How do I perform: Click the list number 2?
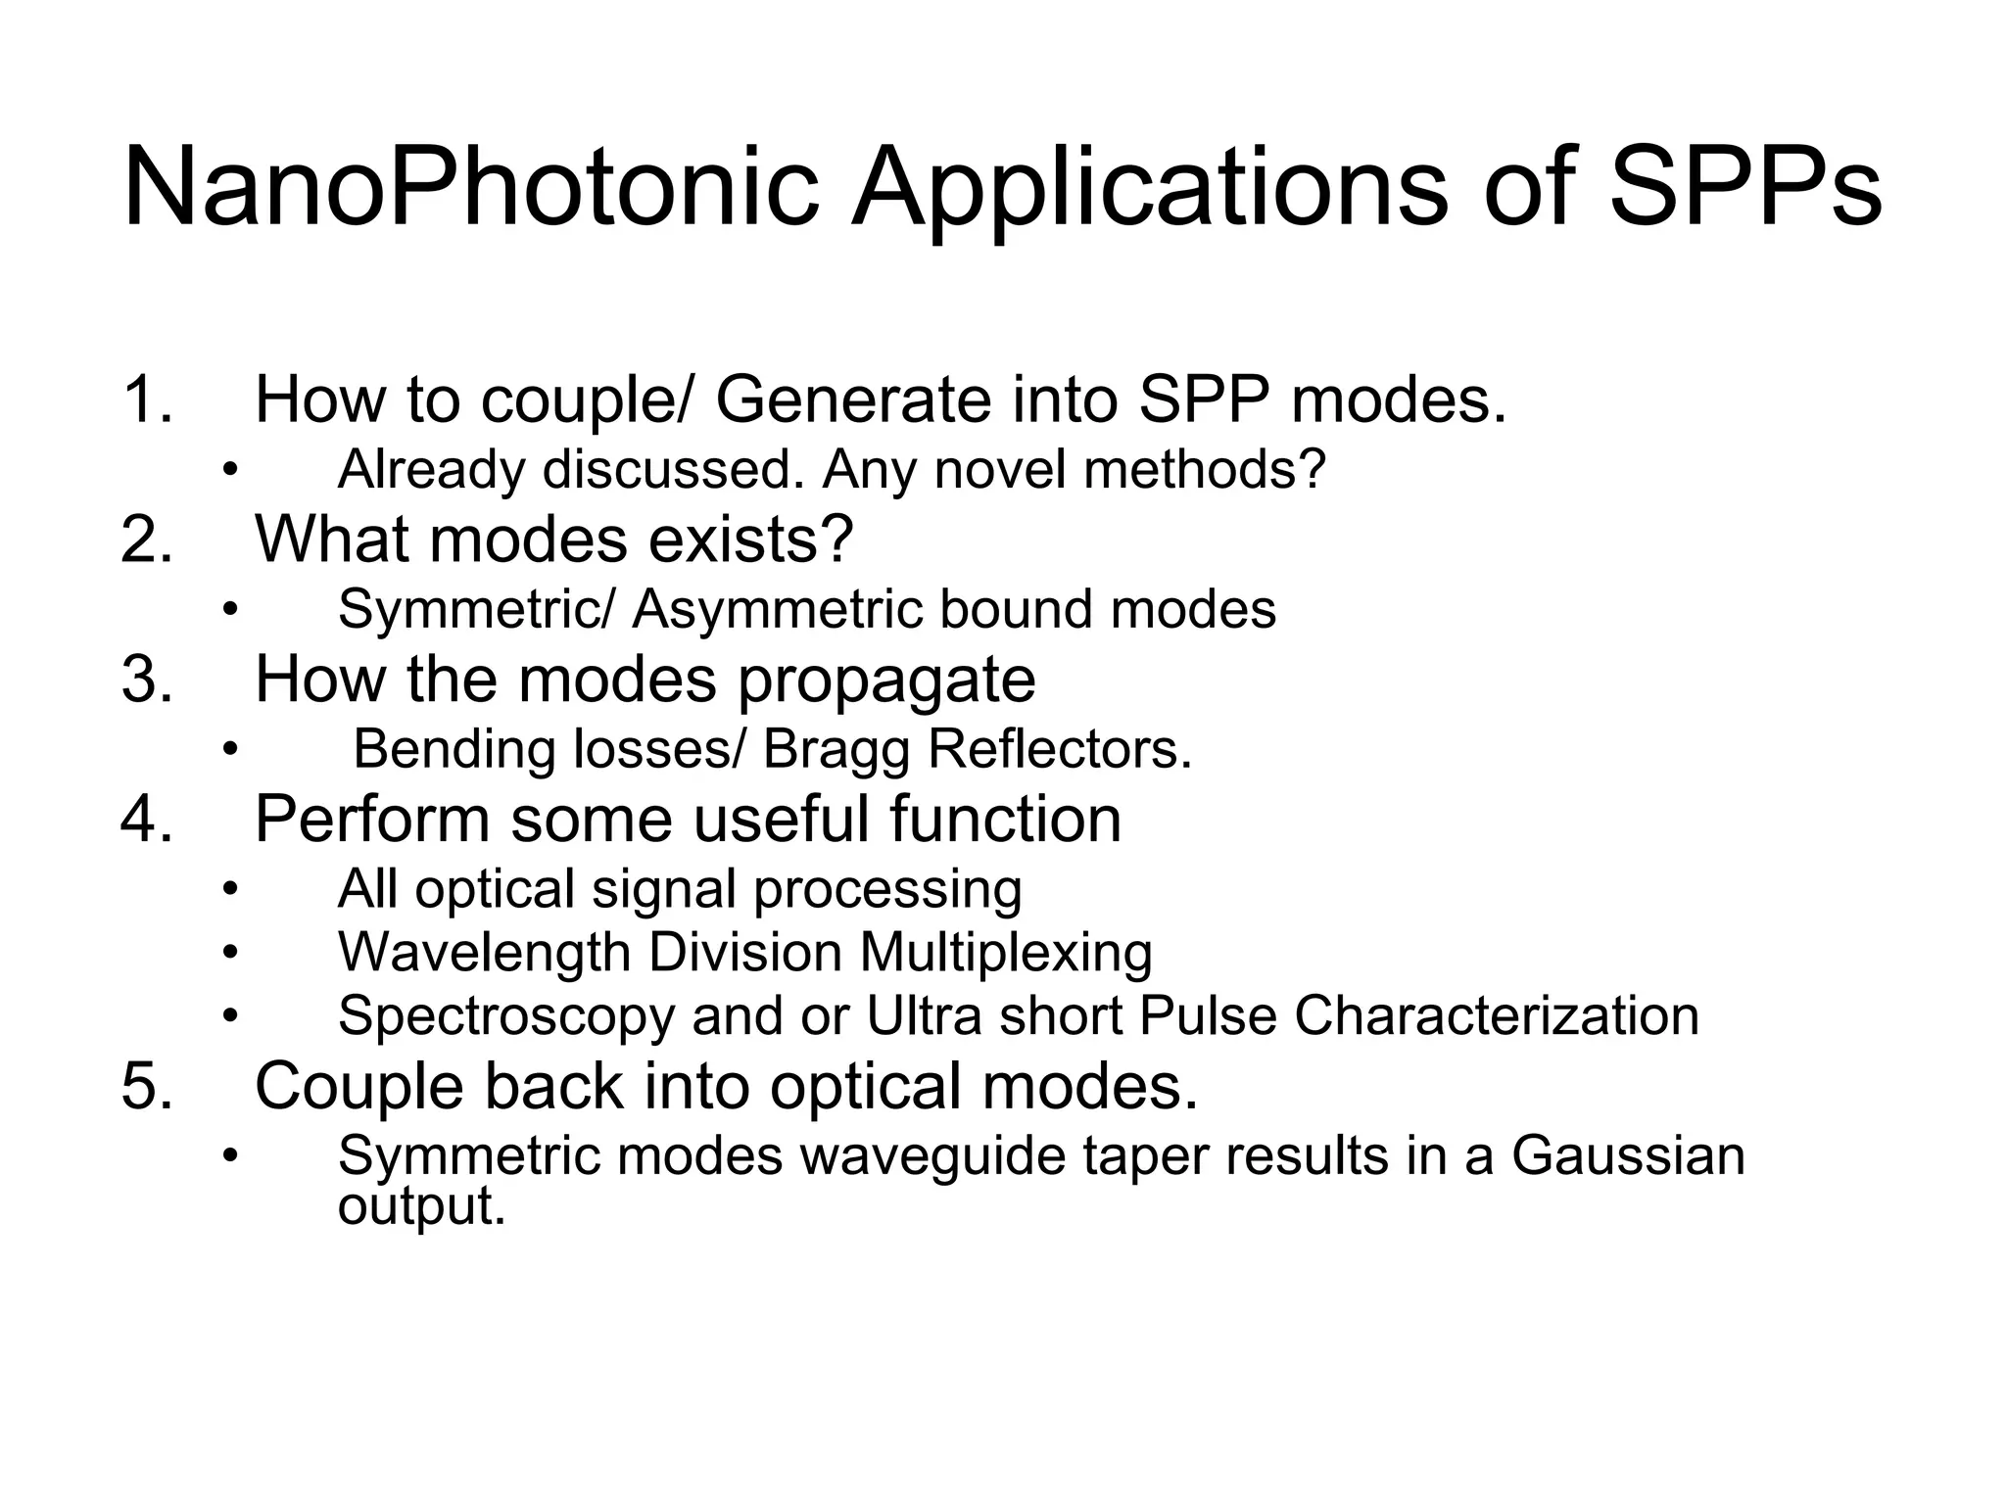[x=147, y=539]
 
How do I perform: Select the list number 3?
[x=147, y=679]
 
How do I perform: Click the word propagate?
[x=885, y=681]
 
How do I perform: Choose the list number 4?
[x=147, y=819]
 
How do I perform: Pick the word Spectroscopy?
[x=506, y=1016]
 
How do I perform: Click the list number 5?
[x=147, y=1086]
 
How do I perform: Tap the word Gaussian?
[x=1627, y=1155]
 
